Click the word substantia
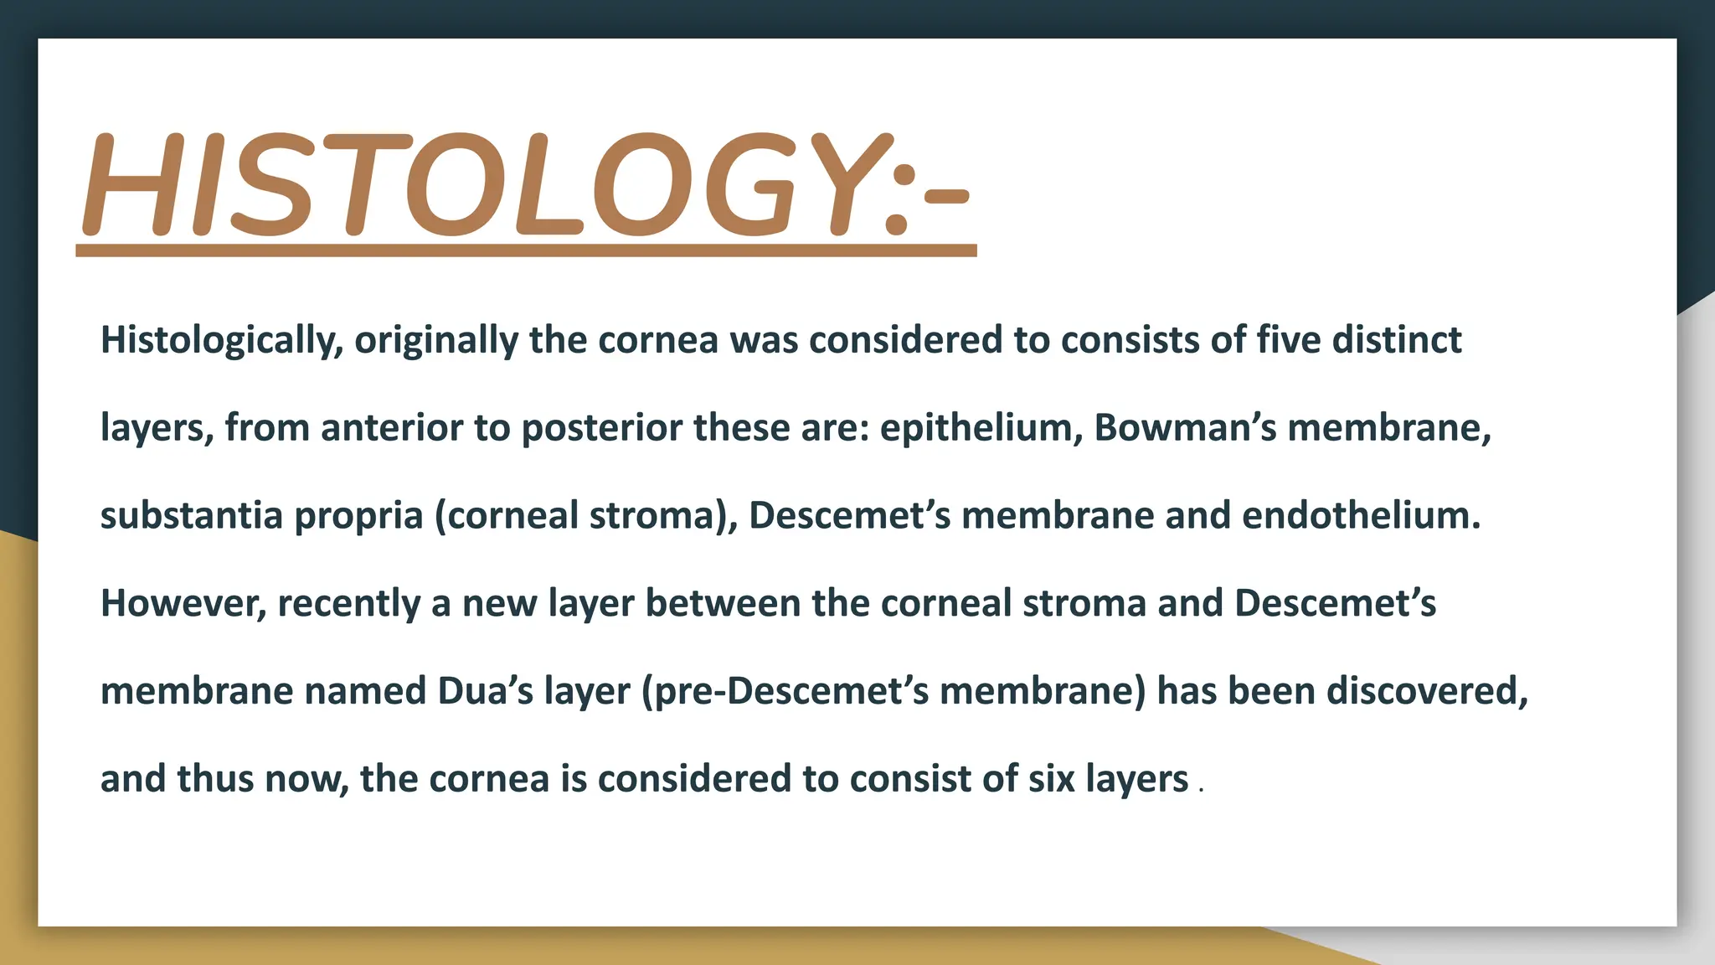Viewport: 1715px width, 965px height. tap(191, 516)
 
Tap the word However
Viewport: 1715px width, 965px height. tap(183, 604)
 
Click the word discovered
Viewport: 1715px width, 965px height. tap(1427, 691)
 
